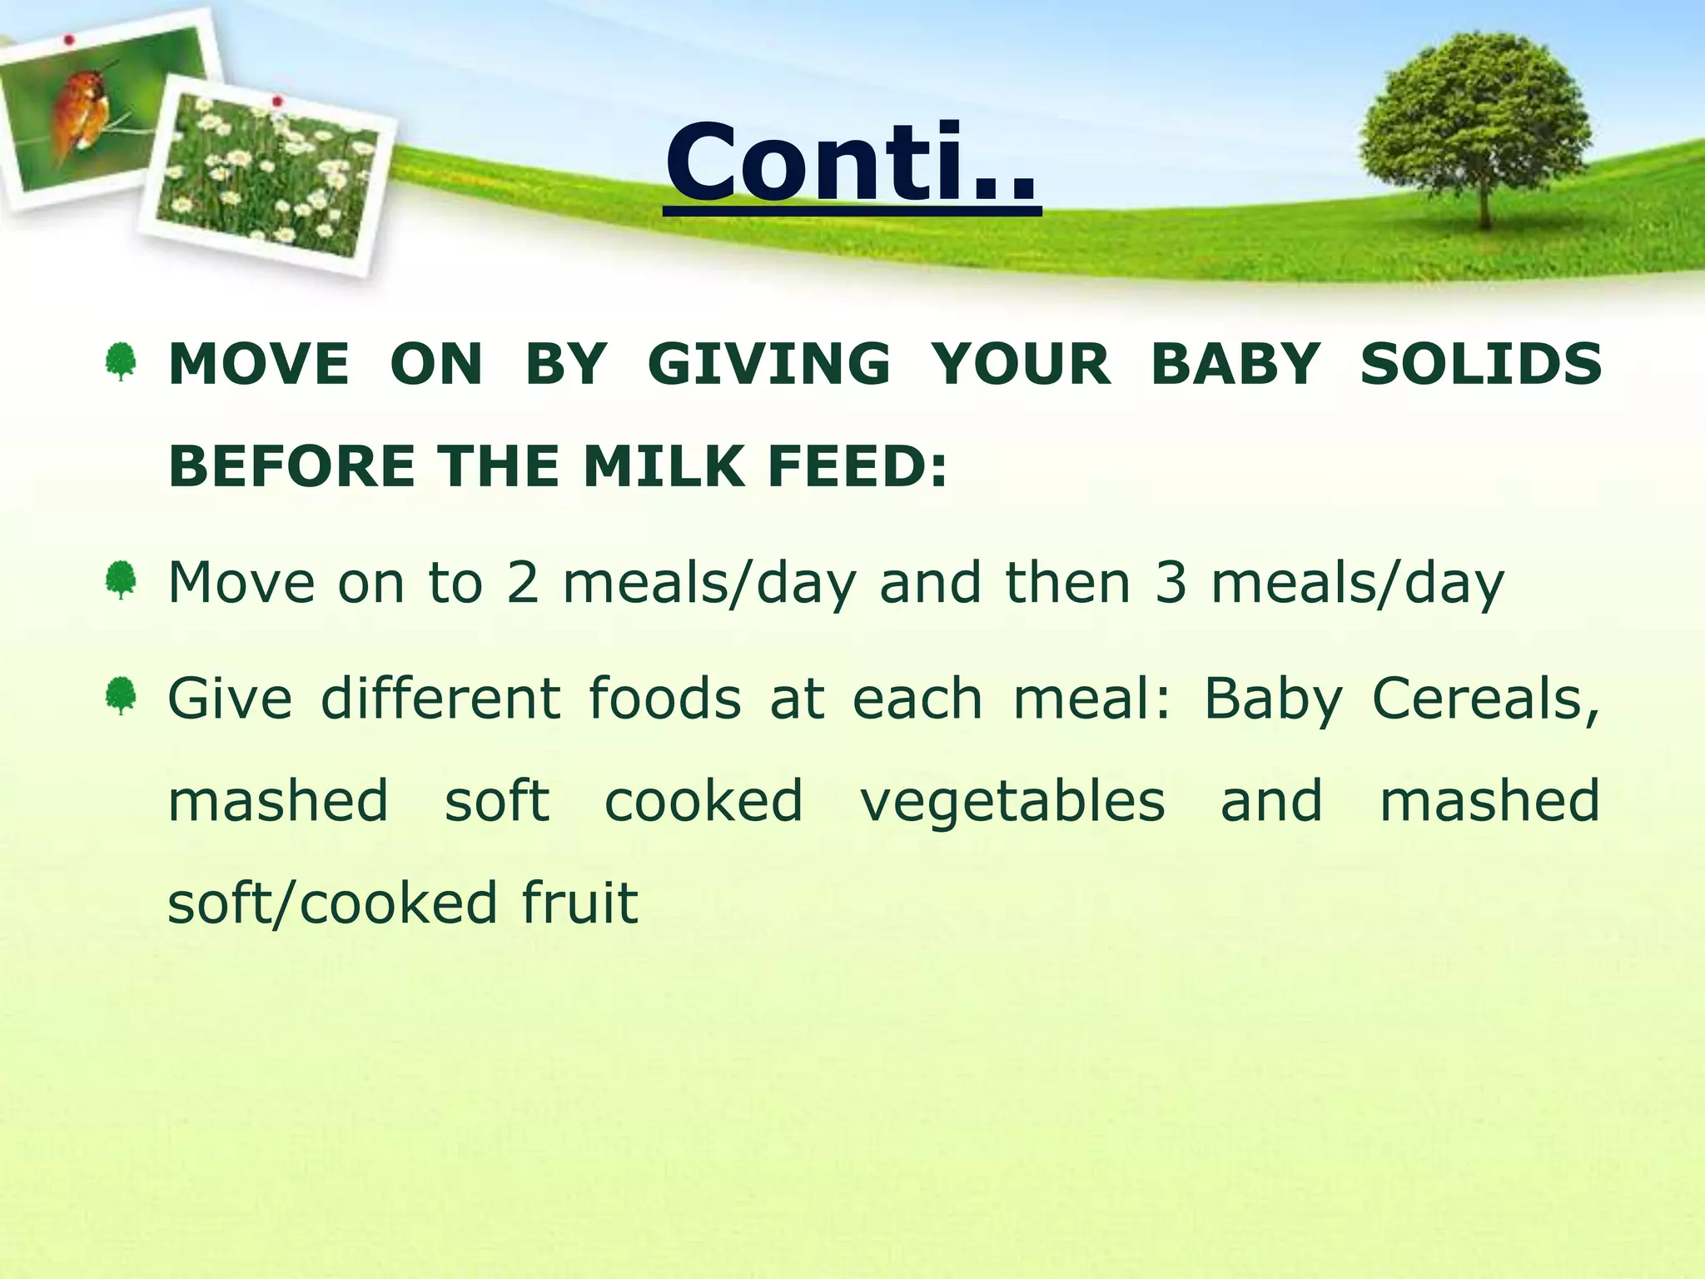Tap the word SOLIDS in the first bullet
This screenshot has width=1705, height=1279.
(x=1480, y=365)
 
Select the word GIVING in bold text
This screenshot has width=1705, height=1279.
(x=768, y=365)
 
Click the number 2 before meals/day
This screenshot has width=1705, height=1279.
(x=523, y=582)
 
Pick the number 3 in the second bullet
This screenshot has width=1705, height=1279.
(x=1170, y=582)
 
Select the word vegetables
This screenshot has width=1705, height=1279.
(x=1012, y=801)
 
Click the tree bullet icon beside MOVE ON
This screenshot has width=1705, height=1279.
(x=122, y=363)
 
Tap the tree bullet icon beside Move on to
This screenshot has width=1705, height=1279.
(x=122, y=580)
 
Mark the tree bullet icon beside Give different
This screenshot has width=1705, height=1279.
(x=122, y=697)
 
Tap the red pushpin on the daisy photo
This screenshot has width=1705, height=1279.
(x=278, y=102)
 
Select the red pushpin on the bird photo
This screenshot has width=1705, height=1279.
(x=70, y=39)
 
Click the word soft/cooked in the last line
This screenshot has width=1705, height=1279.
(x=332, y=903)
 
